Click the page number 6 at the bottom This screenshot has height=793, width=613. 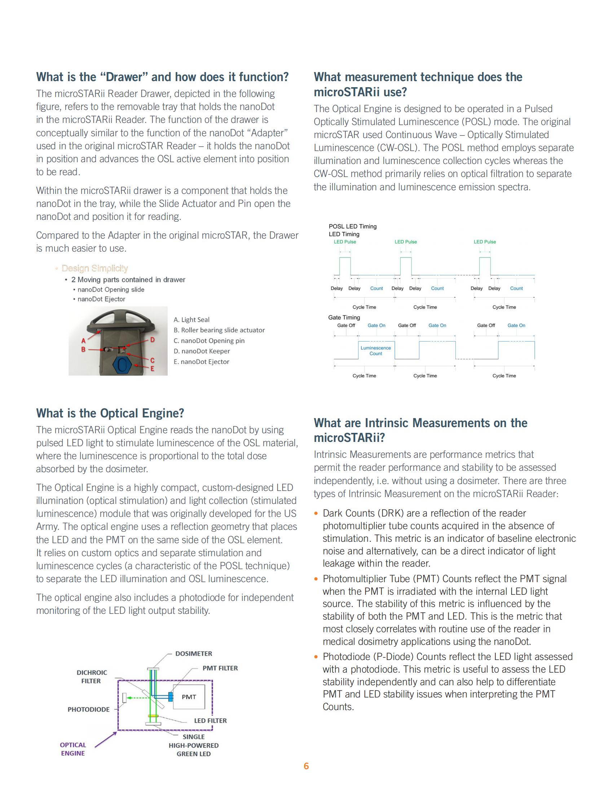[x=306, y=766]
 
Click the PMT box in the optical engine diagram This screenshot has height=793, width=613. [x=189, y=696]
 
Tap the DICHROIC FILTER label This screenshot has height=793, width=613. [x=92, y=677]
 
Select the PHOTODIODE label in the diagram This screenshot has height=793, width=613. [x=89, y=709]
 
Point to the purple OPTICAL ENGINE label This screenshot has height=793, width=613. [x=73, y=749]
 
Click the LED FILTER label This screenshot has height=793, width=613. [x=210, y=721]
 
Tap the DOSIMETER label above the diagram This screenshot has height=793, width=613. [x=194, y=654]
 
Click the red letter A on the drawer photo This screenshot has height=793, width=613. [x=84, y=341]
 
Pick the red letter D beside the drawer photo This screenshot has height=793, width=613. [x=153, y=340]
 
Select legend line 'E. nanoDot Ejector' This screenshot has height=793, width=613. [x=201, y=362]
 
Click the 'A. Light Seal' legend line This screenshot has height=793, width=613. [x=191, y=319]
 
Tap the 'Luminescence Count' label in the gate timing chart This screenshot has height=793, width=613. [x=375, y=350]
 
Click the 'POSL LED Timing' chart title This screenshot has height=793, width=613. [x=353, y=226]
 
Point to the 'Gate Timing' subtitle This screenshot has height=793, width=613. [x=344, y=317]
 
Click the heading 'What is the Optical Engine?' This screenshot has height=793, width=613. [x=110, y=413]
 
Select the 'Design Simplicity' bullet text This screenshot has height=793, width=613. [x=94, y=268]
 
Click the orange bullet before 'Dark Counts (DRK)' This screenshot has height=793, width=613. [x=316, y=513]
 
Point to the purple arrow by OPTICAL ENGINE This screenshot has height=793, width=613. [x=106, y=740]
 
